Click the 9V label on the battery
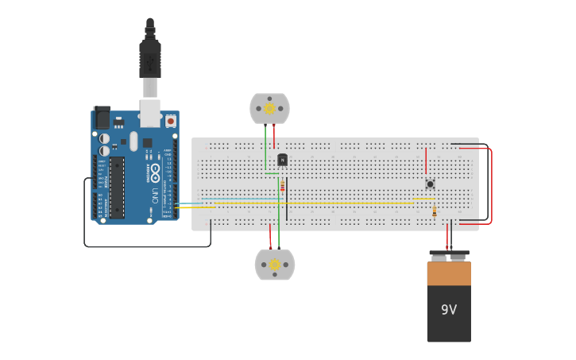click(449, 309)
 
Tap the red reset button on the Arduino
click(170, 121)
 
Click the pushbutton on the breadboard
click(430, 184)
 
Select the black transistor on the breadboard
click(282, 160)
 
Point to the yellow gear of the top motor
click(269, 108)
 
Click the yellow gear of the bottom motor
click(275, 265)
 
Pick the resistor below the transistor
click(282, 186)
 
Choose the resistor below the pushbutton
click(434, 211)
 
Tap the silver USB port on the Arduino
click(151, 112)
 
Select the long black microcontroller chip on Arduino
click(117, 187)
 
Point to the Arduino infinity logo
click(155, 172)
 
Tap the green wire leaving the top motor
click(265, 147)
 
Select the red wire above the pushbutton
click(426, 161)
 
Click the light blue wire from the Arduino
click(238, 198)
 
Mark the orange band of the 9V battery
click(449, 273)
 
